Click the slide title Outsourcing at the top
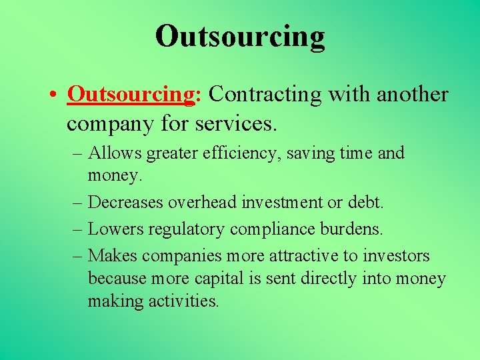(240, 36)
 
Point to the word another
(412, 95)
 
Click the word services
(237, 123)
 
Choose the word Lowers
(114, 229)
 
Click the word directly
(329, 279)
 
